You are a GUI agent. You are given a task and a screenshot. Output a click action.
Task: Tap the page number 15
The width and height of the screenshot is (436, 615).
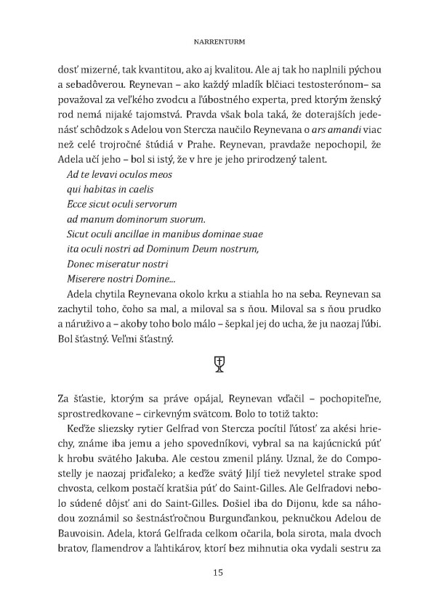coord(218,572)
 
